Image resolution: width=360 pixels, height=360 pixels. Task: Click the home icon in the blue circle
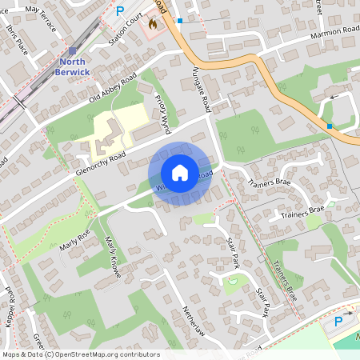(x=180, y=173)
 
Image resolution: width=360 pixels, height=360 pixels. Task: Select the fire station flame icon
(x=152, y=24)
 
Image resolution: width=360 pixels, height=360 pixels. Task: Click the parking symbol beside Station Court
(x=121, y=11)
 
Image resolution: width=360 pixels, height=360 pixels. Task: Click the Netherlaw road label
(x=194, y=324)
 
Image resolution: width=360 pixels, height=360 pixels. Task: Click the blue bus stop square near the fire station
(x=180, y=20)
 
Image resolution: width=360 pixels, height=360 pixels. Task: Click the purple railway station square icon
(x=72, y=50)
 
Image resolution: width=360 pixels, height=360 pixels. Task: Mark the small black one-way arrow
(x=334, y=97)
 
